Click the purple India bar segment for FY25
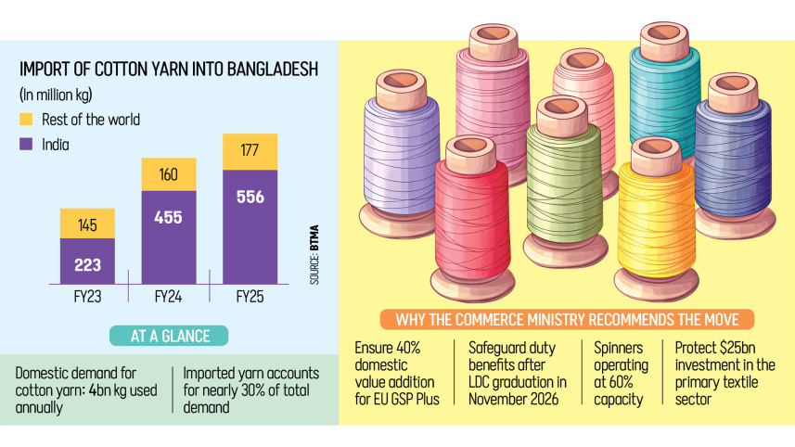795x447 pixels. click(x=249, y=223)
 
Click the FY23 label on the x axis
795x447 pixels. click(x=87, y=297)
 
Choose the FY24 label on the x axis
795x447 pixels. click(x=168, y=297)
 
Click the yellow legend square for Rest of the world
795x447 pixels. click(x=26, y=120)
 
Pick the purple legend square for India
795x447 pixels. click(x=26, y=145)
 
